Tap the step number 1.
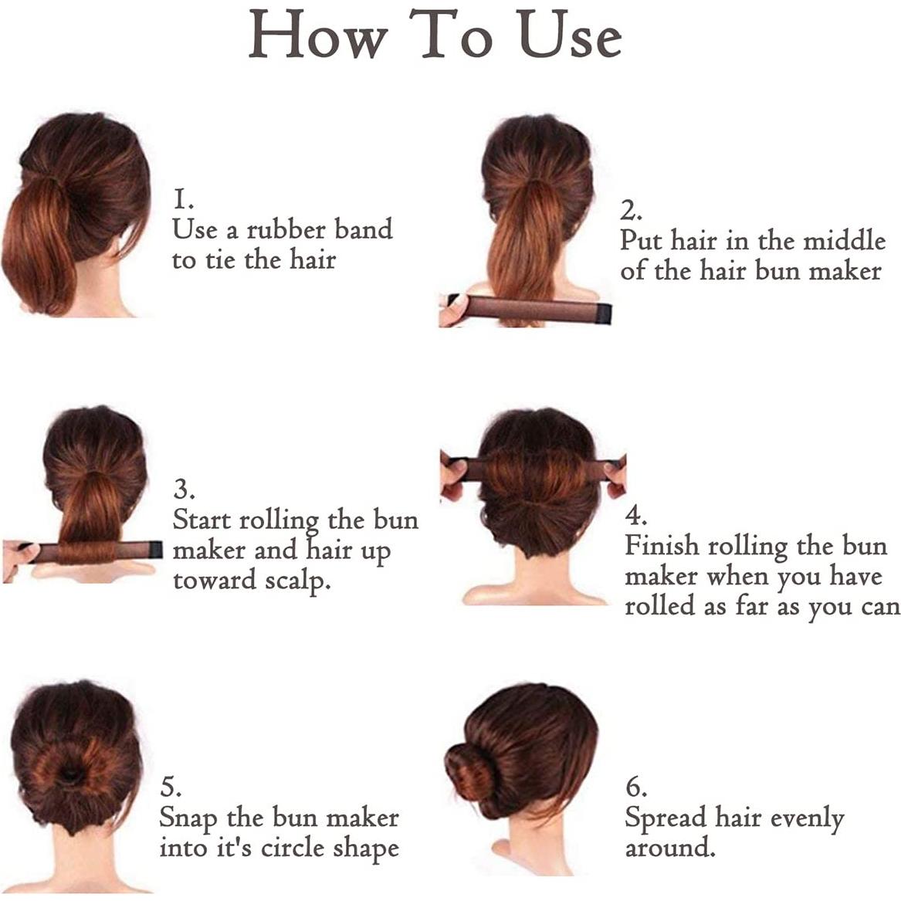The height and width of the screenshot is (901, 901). click(x=182, y=200)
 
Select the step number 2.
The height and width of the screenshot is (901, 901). click(x=631, y=211)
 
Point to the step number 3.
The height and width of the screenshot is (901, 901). click(x=183, y=489)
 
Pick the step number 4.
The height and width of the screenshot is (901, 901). click(x=635, y=515)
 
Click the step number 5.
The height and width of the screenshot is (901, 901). click(x=171, y=788)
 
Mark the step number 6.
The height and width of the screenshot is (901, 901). click(x=636, y=788)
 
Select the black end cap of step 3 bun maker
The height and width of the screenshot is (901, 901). click(x=155, y=549)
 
